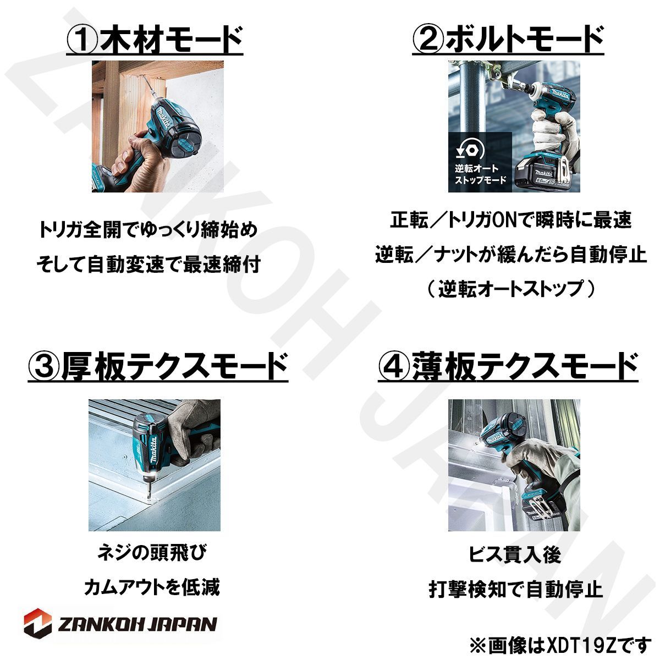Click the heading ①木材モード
(155, 40)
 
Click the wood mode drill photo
(157, 126)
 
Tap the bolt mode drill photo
(514, 126)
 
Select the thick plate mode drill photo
(155, 465)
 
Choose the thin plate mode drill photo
(514, 465)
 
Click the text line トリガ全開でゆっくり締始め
(148, 229)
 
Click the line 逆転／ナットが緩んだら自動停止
(511, 255)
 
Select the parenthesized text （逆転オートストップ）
(511, 289)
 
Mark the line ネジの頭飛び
(151, 553)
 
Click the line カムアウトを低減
(151, 587)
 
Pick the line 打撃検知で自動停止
(516, 590)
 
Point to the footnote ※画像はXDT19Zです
(560, 642)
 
